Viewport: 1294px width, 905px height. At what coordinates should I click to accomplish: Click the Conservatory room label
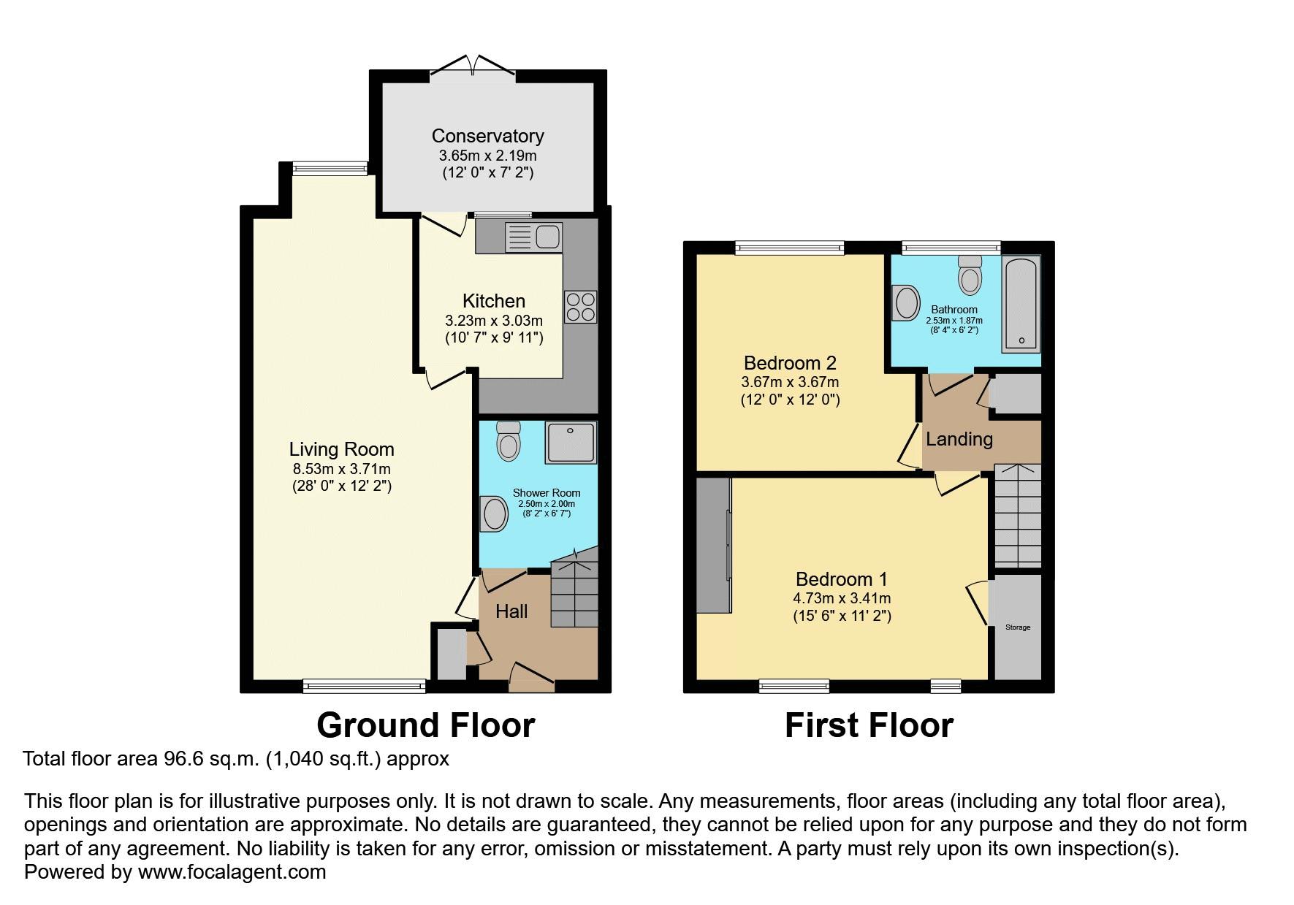pyautogui.click(x=487, y=136)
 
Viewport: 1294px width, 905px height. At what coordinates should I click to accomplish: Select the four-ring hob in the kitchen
pyautogui.click(x=580, y=307)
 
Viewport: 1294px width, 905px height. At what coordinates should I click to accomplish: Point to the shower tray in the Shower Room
pyautogui.click(x=570, y=442)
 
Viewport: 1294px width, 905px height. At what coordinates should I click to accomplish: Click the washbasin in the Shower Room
pyautogui.click(x=495, y=514)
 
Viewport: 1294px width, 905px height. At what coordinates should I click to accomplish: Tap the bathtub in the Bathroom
pyautogui.click(x=1021, y=303)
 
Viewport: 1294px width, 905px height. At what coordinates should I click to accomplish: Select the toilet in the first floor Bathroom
pyautogui.click(x=970, y=275)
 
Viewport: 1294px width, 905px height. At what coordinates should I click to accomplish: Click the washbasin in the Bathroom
pyautogui.click(x=905, y=302)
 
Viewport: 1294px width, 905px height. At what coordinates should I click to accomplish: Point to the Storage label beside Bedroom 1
pyautogui.click(x=1018, y=627)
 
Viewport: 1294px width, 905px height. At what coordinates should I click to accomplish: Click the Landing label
pyautogui.click(x=959, y=439)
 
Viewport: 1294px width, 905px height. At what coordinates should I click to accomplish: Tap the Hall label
pyautogui.click(x=511, y=611)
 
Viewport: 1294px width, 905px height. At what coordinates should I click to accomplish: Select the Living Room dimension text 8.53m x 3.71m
pyautogui.click(x=341, y=469)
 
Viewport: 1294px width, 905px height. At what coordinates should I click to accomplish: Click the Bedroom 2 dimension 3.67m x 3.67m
pyautogui.click(x=790, y=382)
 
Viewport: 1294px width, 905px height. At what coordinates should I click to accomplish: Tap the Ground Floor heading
pyautogui.click(x=425, y=725)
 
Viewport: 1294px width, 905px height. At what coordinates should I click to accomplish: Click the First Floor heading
pyautogui.click(x=869, y=725)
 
